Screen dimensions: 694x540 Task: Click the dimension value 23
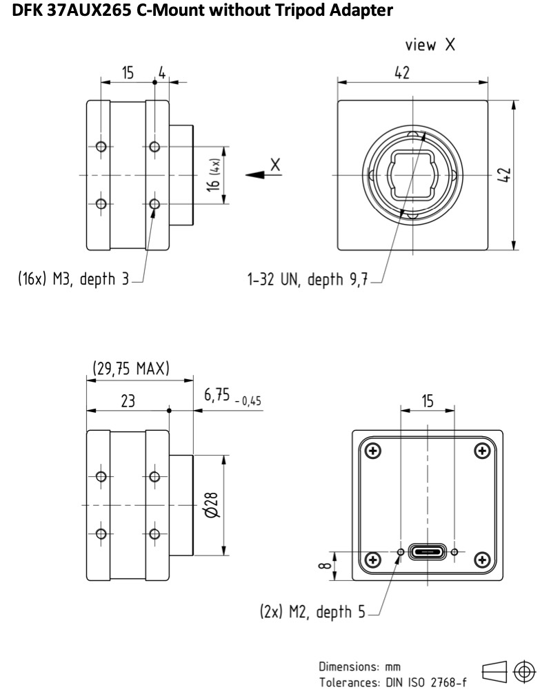pyautogui.click(x=129, y=400)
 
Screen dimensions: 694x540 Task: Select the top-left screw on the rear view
pyautogui.click(x=373, y=451)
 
